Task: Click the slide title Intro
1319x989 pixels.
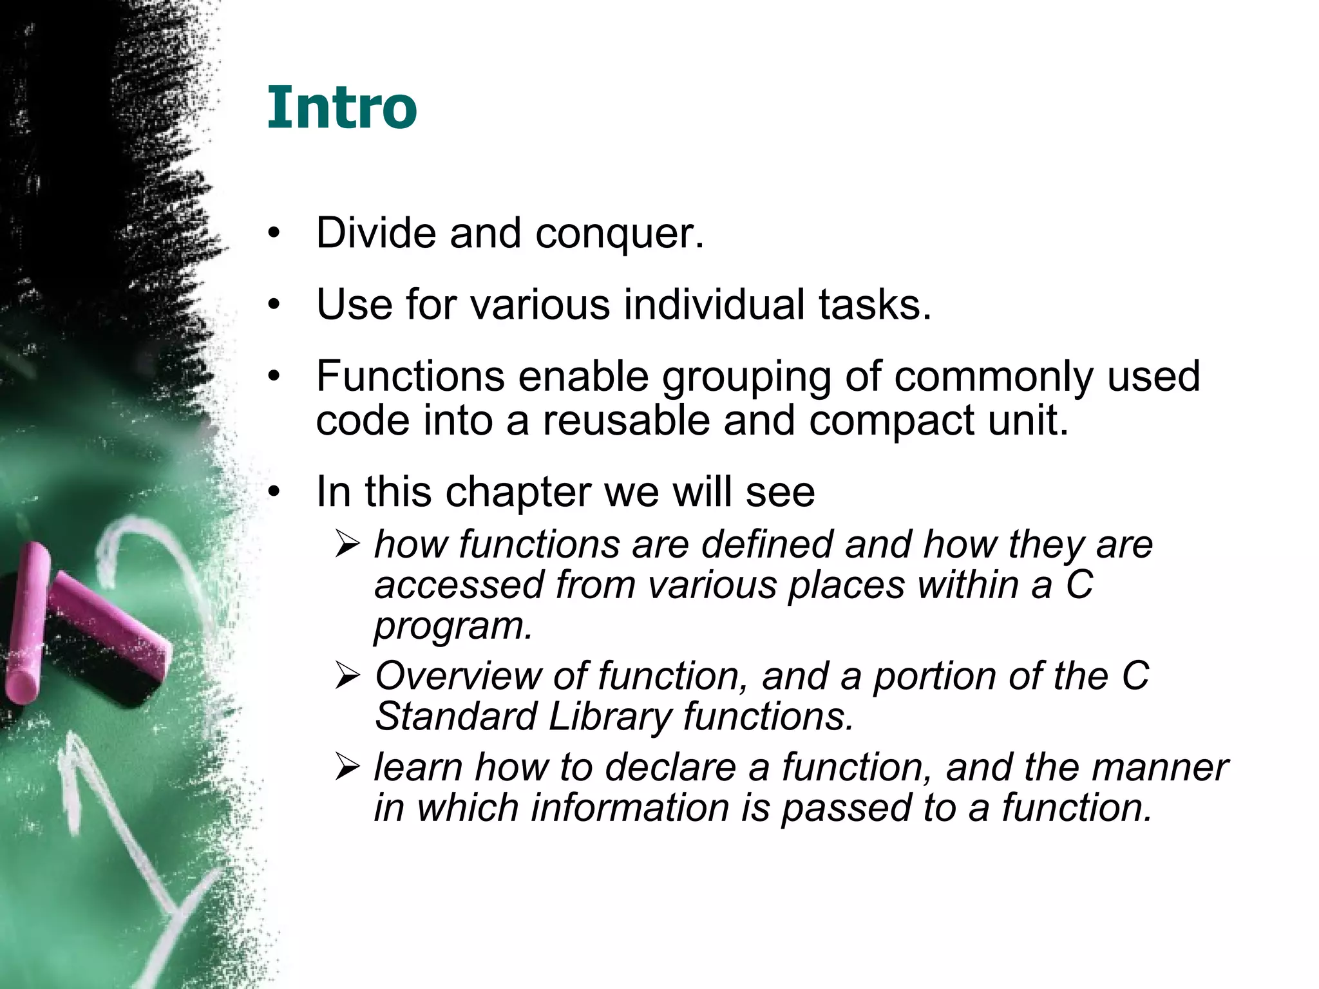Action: (342, 107)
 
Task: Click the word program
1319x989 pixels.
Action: (453, 626)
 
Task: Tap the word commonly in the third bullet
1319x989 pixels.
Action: (993, 378)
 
